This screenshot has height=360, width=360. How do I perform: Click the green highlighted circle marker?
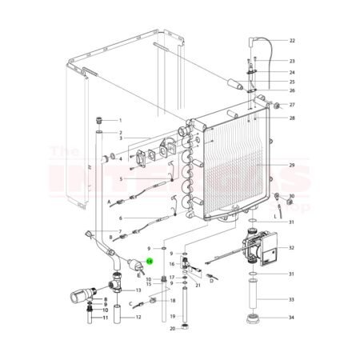(148, 261)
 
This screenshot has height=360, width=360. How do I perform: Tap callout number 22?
(292, 40)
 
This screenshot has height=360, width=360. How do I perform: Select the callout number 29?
(292, 165)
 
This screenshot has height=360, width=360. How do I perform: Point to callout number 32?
(292, 249)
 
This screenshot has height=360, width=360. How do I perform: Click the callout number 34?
(292, 318)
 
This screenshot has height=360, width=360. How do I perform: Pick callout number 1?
(120, 119)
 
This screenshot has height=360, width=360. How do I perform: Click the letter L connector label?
(275, 215)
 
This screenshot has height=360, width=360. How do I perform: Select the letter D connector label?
(212, 280)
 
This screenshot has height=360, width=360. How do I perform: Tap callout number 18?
(171, 300)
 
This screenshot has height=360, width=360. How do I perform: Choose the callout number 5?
(120, 179)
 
